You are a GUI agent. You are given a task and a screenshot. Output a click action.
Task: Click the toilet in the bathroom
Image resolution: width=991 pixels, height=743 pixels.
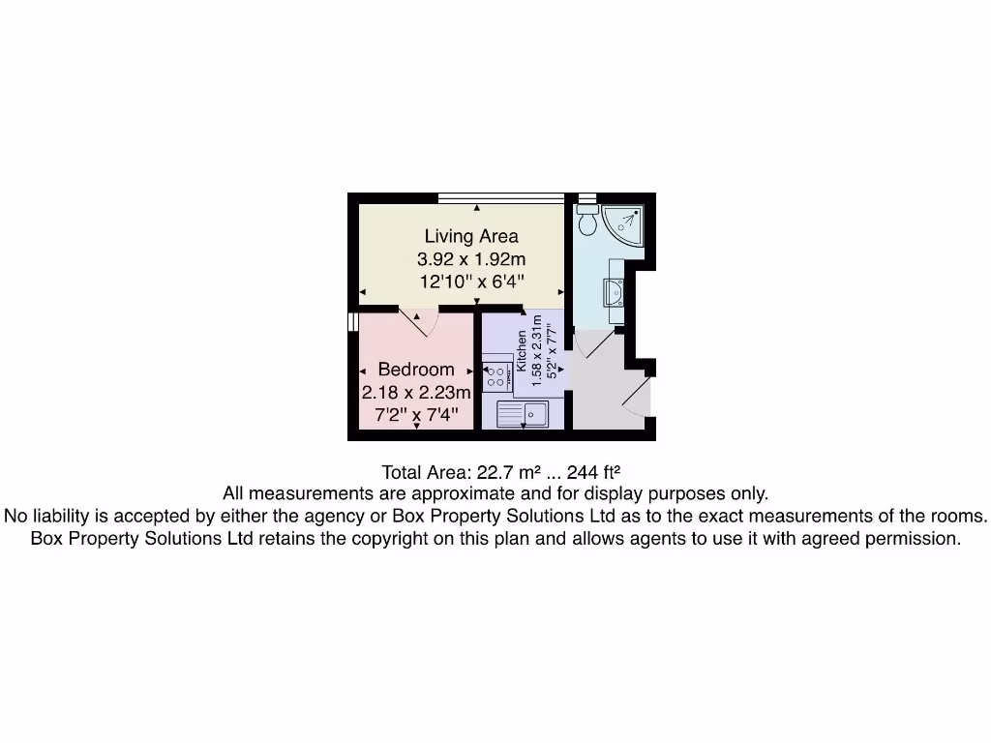(587, 223)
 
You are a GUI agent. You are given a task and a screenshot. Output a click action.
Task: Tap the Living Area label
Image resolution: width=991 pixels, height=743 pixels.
(471, 236)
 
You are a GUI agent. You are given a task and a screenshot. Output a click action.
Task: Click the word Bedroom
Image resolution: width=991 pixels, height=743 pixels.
(416, 370)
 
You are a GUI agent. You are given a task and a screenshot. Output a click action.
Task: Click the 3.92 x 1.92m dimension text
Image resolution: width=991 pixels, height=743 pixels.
(471, 259)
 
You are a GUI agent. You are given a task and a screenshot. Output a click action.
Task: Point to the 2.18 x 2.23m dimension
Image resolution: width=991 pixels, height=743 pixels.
(416, 393)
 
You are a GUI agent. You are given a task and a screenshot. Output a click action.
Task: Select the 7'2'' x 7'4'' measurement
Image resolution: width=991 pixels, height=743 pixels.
(416, 416)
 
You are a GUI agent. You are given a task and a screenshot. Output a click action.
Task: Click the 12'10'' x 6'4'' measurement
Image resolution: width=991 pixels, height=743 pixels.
(471, 282)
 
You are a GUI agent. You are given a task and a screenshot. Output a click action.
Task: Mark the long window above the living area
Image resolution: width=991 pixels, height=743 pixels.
(499, 198)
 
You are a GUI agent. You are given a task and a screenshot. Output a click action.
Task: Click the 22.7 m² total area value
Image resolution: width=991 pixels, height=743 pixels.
(508, 473)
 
